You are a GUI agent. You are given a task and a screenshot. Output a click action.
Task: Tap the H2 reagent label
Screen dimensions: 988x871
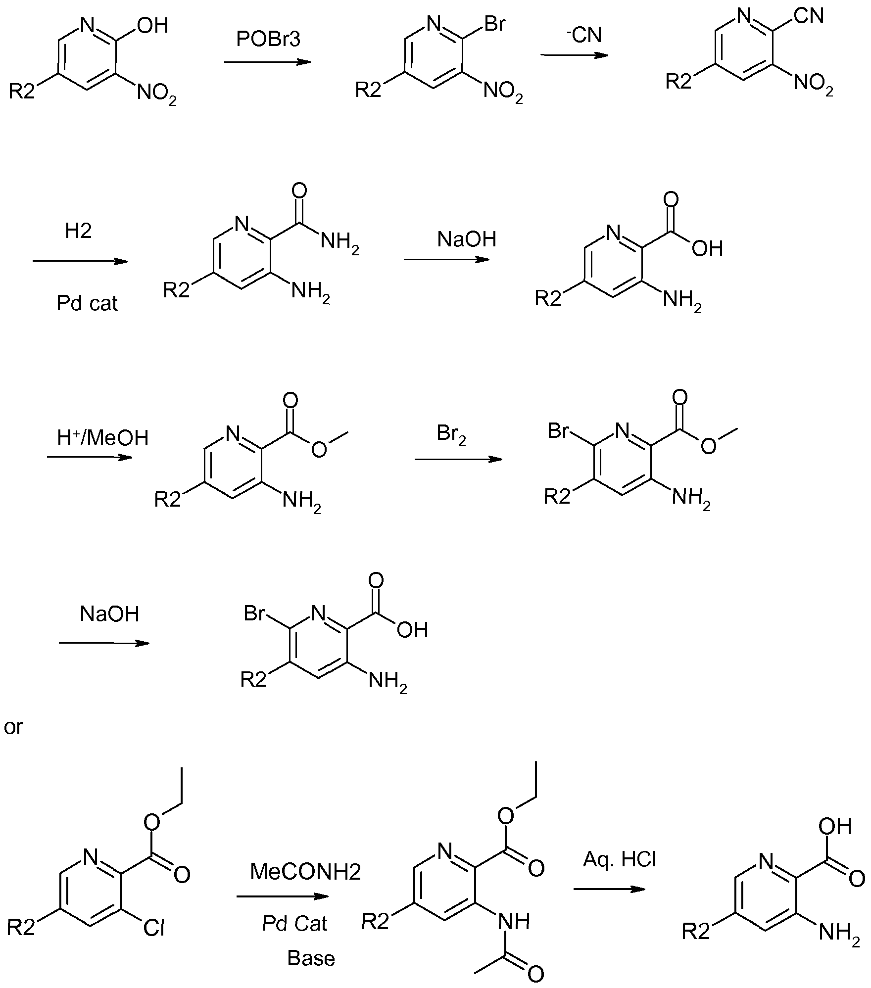point(78,231)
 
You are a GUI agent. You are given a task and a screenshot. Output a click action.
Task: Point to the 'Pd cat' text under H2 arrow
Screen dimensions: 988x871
point(87,303)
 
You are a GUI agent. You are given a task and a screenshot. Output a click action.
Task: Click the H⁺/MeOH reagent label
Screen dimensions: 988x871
point(102,437)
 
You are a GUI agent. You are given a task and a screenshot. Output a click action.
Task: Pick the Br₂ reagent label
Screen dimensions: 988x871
point(451,434)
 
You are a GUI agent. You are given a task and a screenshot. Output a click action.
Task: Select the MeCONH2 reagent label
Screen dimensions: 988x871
point(305,872)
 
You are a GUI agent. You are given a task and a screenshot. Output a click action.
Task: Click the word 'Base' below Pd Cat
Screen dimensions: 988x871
point(311,958)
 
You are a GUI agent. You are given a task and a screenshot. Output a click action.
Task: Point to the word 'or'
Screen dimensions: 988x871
point(13,727)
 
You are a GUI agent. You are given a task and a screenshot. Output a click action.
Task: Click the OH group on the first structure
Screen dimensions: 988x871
point(152,25)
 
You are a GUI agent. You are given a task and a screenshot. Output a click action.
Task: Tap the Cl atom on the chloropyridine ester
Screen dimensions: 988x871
point(153,928)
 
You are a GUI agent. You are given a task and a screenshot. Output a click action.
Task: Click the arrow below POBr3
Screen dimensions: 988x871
point(267,62)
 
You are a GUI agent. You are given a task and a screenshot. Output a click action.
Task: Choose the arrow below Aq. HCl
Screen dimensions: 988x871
point(609,889)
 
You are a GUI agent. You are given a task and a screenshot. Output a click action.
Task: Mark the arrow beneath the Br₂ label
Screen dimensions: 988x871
point(458,459)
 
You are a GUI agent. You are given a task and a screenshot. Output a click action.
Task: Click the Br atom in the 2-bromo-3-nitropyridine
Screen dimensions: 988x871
point(495,23)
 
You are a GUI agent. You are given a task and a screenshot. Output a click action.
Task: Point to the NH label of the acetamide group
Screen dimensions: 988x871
point(515,921)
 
